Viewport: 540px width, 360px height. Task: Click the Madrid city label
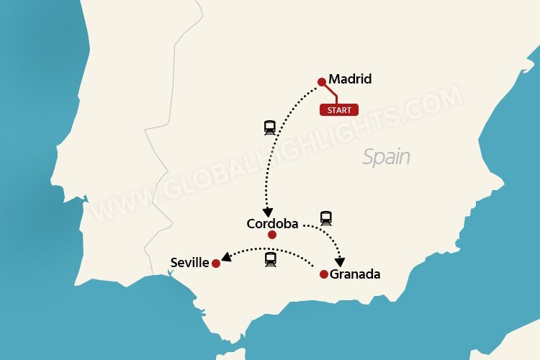click(350, 79)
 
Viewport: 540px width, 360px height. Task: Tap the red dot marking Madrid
click(322, 82)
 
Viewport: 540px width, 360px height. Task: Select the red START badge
click(339, 110)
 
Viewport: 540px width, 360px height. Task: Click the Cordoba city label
click(272, 224)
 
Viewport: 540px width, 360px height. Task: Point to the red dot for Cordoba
click(271, 235)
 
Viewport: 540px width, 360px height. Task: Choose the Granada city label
click(355, 274)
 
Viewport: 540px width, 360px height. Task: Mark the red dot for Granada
click(324, 274)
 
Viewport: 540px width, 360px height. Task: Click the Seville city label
click(189, 263)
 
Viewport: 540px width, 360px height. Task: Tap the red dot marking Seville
click(215, 264)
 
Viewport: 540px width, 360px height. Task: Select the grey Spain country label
click(386, 157)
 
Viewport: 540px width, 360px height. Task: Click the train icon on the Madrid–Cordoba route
click(270, 128)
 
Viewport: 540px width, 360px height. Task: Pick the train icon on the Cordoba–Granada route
click(326, 217)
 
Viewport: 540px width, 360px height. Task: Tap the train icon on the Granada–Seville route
click(271, 259)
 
